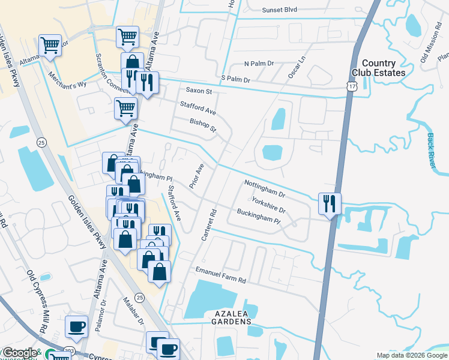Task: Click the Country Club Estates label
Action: tap(384, 68)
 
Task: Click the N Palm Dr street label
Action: tap(259, 63)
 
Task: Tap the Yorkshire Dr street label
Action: tap(268, 205)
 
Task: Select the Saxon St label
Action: tap(199, 91)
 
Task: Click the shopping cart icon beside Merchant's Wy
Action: tap(50, 46)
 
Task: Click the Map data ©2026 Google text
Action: tap(411, 355)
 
